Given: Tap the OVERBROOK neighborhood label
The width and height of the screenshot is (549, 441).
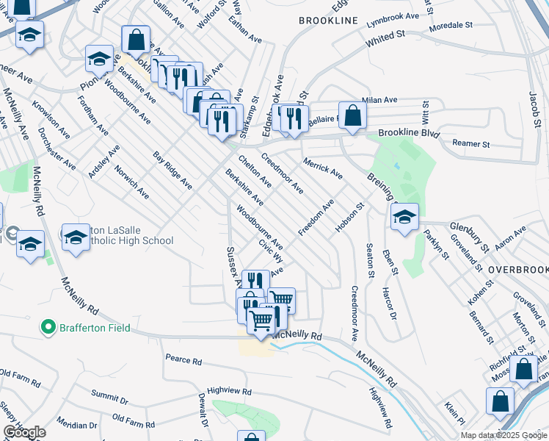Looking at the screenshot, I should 517,270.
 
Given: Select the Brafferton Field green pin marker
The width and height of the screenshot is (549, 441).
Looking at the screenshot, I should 48,326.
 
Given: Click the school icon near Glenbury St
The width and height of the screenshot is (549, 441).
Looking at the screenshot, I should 404,218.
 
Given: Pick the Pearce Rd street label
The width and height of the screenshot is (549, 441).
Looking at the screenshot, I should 183,361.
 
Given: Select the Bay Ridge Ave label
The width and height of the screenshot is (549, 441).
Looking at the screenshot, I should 172,171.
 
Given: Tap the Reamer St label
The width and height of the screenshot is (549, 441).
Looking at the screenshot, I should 470,143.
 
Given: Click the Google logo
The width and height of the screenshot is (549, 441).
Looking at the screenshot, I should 24,432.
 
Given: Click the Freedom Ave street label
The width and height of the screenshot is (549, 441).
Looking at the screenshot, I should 316,218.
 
